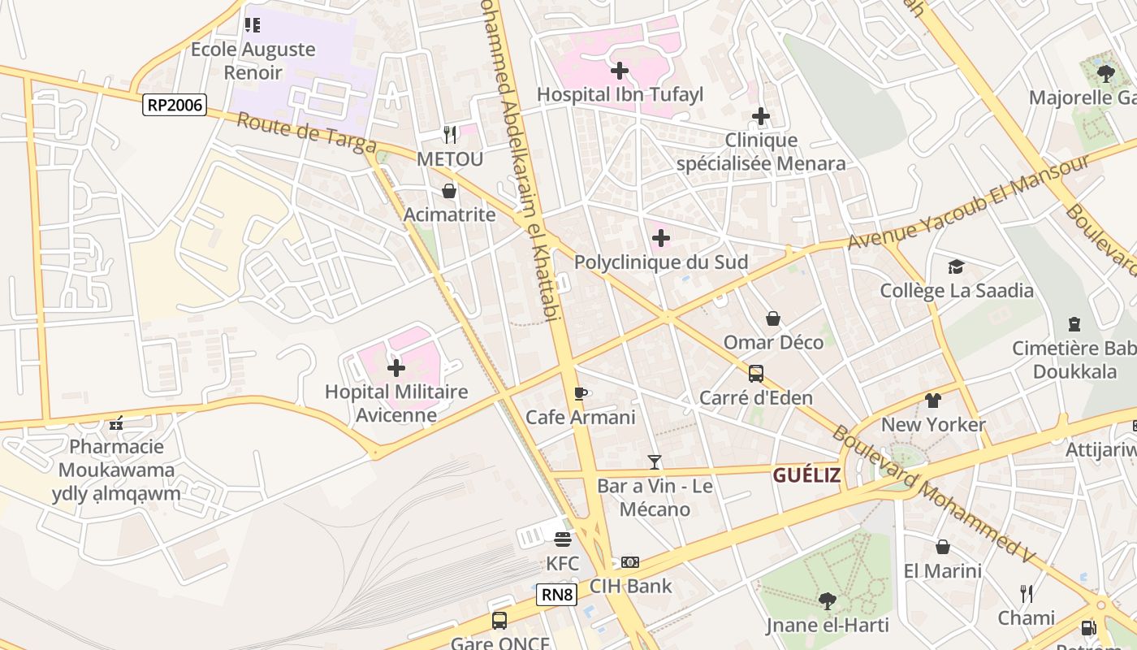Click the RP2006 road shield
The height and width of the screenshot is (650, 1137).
tap(175, 105)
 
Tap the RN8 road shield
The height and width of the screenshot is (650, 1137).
tap(557, 595)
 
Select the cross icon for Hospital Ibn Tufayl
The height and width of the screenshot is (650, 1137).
tap(620, 71)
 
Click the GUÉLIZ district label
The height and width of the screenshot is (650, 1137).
tap(806, 475)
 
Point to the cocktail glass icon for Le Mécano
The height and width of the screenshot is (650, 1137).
tap(655, 462)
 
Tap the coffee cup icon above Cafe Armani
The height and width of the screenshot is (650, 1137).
tap(580, 393)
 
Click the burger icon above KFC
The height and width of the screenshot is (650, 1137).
tap(562, 539)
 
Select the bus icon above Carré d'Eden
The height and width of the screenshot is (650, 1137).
tap(755, 374)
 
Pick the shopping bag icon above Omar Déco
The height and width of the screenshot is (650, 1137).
tap(772, 318)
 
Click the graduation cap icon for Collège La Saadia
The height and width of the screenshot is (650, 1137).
tap(956, 266)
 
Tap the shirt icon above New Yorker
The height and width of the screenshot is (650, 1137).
tap(932, 401)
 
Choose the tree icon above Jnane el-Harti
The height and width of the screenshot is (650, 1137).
tap(827, 601)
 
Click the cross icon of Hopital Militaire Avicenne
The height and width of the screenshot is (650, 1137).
tap(396, 368)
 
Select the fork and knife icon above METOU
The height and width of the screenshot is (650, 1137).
tap(449, 134)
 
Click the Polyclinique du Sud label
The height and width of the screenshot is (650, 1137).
tap(660, 262)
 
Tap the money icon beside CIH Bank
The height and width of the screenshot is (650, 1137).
tap(629, 562)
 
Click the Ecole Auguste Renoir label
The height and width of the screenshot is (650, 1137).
tap(253, 60)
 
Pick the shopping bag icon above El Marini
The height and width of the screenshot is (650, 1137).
tap(942, 547)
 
